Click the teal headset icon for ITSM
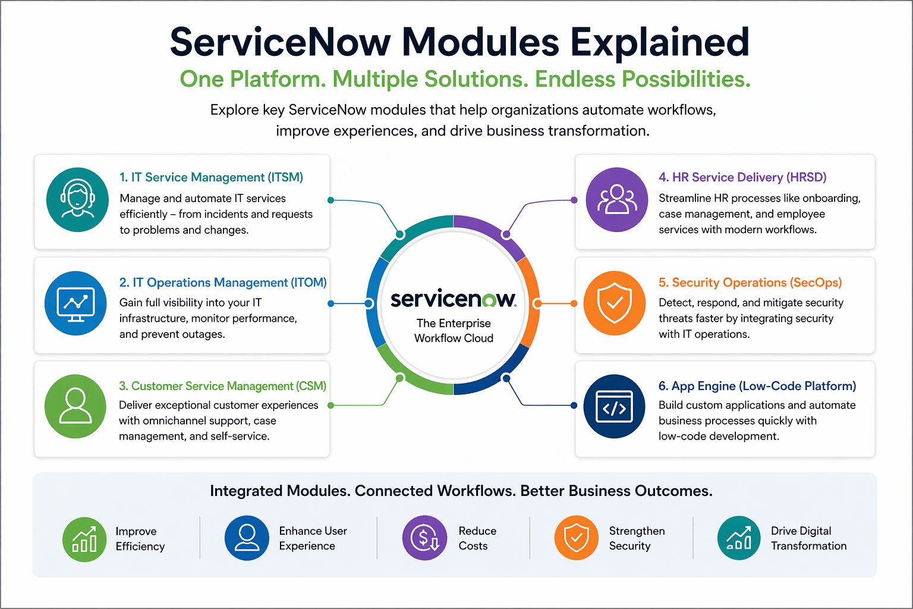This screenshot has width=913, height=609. [x=77, y=199]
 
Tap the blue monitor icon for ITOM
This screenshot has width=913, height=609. [x=75, y=303]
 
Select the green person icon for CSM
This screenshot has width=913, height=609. [x=75, y=406]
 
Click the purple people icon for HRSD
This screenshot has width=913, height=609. [x=616, y=199]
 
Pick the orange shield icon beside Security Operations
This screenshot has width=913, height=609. [x=615, y=303]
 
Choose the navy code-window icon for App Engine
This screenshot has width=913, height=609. [x=615, y=407]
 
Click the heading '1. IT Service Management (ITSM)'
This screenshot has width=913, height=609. [x=211, y=177]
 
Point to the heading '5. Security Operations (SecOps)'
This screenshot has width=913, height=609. [x=750, y=282]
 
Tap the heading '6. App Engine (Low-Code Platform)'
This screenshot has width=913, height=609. [x=757, y=386]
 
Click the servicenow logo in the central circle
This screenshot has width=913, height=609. [x=454, y=299]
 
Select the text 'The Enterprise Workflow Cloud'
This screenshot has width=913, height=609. [x=454, y=331]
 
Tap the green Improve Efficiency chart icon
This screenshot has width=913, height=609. [x=84, y=539]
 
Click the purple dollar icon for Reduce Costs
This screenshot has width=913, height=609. [x=424, y=538]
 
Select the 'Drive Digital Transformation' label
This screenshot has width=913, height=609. [x=808, y=538]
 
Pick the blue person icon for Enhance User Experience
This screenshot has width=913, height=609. [x=247, y=538]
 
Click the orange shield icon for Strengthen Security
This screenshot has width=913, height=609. [x=576, y=538]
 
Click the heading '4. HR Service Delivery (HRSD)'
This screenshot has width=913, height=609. [x=742, y=177]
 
